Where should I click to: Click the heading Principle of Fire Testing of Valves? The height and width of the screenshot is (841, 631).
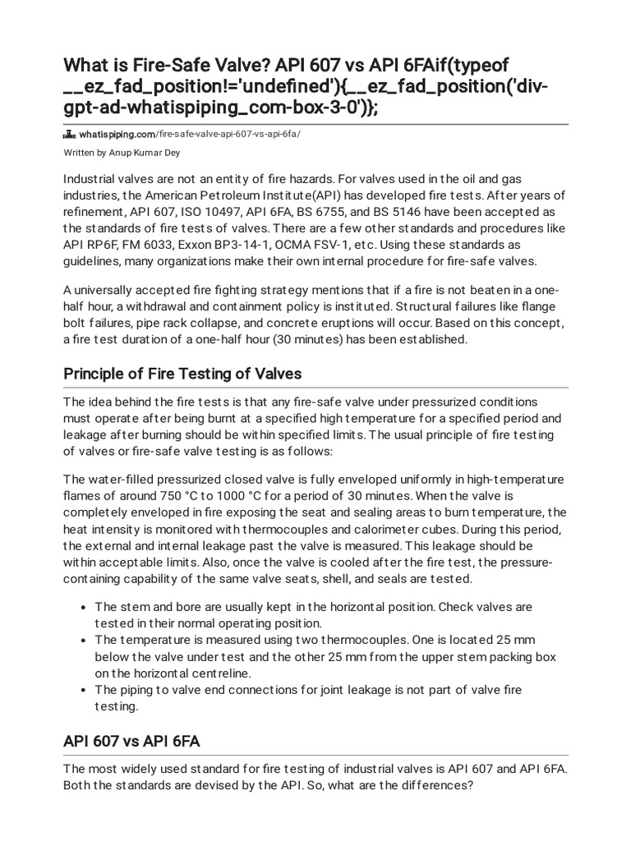tap(182, 374)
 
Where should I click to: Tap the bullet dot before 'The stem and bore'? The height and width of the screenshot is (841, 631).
tap(85, 607)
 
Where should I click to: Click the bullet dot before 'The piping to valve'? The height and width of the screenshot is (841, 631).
tap(85, 691)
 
